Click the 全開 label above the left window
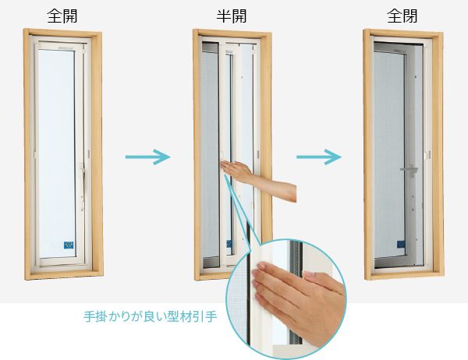(62, 16)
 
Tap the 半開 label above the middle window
(232, 16)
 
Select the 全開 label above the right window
(402, 16)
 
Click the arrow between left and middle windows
(147, 157)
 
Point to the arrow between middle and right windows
(319, 157)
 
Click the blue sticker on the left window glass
(69, 245)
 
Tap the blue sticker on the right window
(401, 244)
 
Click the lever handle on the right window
(409, 171)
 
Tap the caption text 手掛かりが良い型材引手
(150, 316)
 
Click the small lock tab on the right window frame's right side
(429, 154)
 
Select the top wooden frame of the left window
(62, 33)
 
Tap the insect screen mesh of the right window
(388, 149)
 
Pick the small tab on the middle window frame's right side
(258, 154)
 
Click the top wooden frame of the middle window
(232, 33)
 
